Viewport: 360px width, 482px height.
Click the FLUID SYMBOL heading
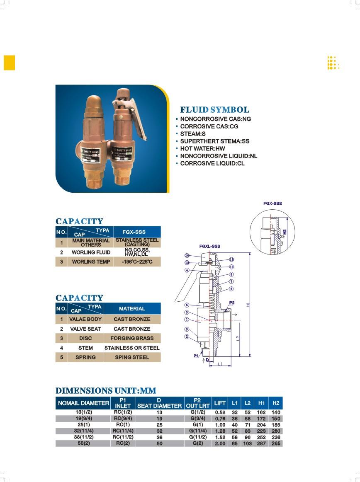(214, 110)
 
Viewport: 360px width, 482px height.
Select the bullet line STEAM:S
(193, 134)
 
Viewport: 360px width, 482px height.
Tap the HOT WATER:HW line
(202, 149)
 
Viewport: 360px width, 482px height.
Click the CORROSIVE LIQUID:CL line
(212, 164)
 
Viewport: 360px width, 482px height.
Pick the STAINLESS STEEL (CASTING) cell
(137, 242)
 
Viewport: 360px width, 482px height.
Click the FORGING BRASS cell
(132, 338)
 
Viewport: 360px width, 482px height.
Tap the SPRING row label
(85, 357)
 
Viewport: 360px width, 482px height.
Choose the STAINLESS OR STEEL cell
(132, 348)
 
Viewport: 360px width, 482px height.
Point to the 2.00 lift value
(220, 443)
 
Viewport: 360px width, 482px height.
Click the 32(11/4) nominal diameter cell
(83, 431)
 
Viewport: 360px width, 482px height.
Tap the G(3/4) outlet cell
(197, 419)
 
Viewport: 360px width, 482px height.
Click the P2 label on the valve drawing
(232, 303)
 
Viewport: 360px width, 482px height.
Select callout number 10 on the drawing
(187, 256)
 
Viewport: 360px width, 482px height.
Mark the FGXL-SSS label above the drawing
(209, 246)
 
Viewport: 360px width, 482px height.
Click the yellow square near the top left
(10, 62)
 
